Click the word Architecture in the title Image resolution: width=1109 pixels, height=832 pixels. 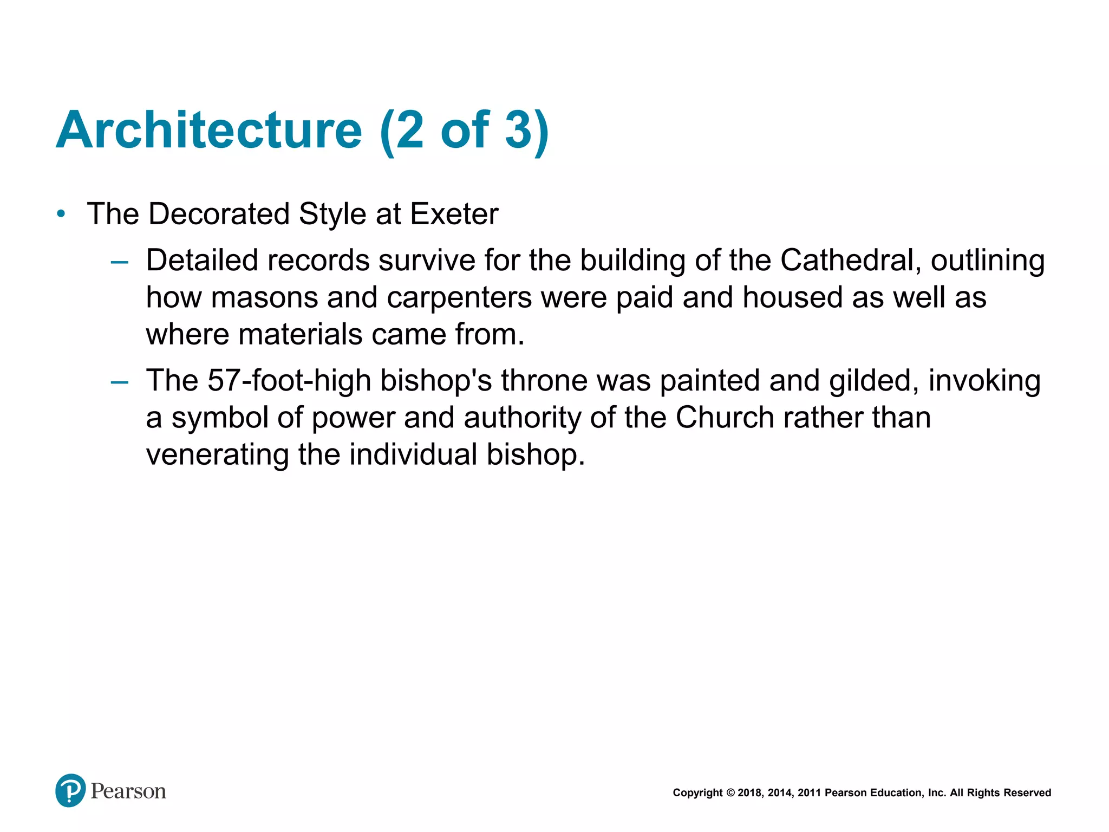(x=208, y=131)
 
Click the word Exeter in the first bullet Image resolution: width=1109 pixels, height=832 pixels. (x=454, y=214)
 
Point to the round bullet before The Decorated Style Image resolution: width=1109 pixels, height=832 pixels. (x=61, y=214)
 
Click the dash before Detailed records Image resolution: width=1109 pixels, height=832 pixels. (x=119, y=263)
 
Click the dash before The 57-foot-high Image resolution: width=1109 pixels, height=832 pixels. (x=119, y=382)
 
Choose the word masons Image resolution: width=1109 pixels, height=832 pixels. (x=264, y=297)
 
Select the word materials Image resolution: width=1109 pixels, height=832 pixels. (x=300, y=334)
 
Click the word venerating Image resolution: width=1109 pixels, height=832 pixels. (x=217, y=454)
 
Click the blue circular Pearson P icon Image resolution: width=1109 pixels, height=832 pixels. (x=70, y=790)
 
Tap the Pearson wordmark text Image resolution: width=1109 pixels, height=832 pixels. (x=128, y=791)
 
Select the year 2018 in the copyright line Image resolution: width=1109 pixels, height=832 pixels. (x=749, y=793)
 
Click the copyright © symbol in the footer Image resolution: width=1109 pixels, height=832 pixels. (x=730, y=793)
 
